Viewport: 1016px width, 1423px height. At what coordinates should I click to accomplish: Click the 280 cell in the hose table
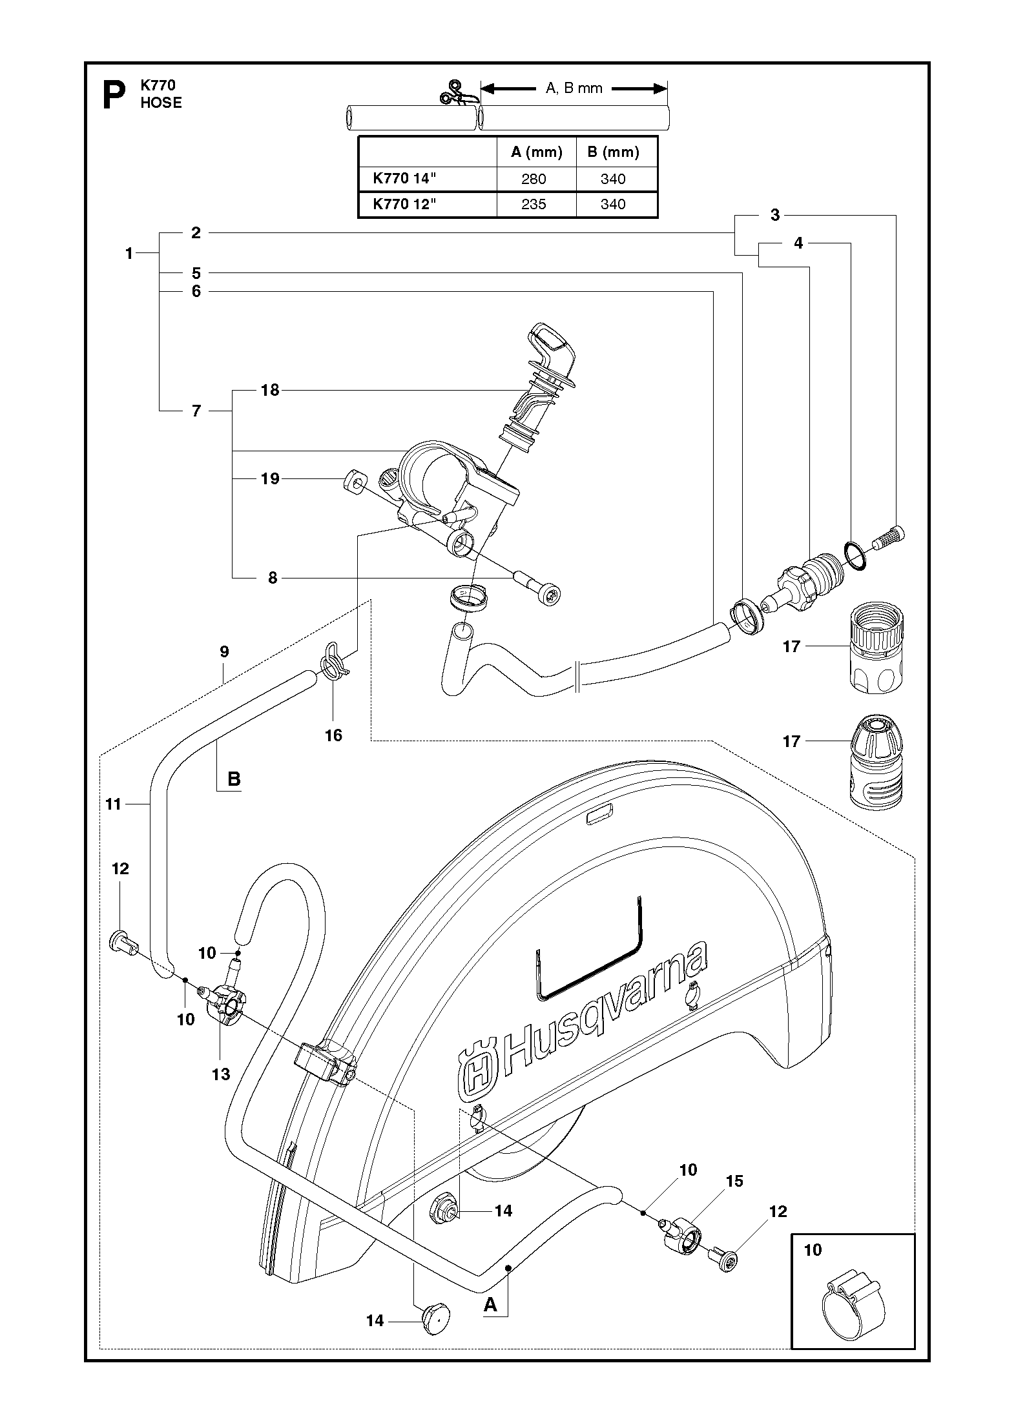click(x=534, y=179)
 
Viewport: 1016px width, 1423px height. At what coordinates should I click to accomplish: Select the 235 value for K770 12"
click(x=534, y=204)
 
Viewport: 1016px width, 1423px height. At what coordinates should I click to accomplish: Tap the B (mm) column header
click(x=613, y=152)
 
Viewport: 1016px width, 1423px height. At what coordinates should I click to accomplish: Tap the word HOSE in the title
click(x=161, y=103)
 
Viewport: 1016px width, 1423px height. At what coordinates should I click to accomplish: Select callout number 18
click(x=270, y=390)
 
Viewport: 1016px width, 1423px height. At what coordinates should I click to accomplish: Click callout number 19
click(x=270, y=478)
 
